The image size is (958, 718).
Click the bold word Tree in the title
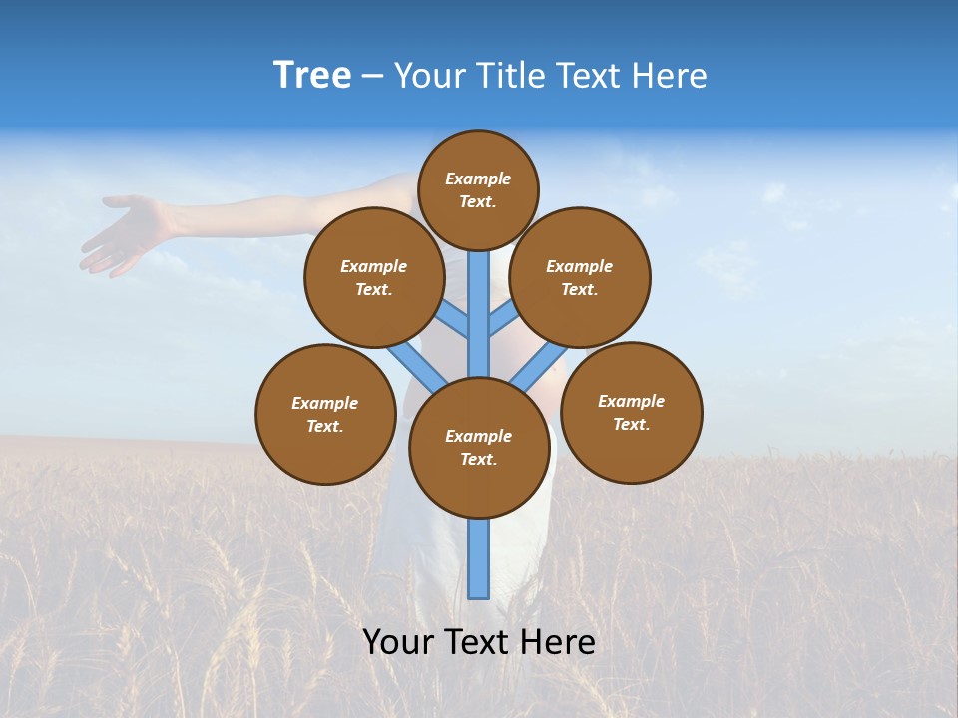pos(312,76)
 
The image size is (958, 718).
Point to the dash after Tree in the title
pos(372,78)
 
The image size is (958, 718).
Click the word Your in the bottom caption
pos(398,642)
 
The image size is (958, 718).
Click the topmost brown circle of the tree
pos(478,190)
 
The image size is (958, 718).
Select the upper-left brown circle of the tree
pos(373,278)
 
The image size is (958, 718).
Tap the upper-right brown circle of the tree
pos(580,278)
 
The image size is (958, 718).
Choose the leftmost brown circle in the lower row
pos(325,415)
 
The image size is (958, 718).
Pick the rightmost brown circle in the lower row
pos(631,413)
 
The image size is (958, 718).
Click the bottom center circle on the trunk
pos(479,448)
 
